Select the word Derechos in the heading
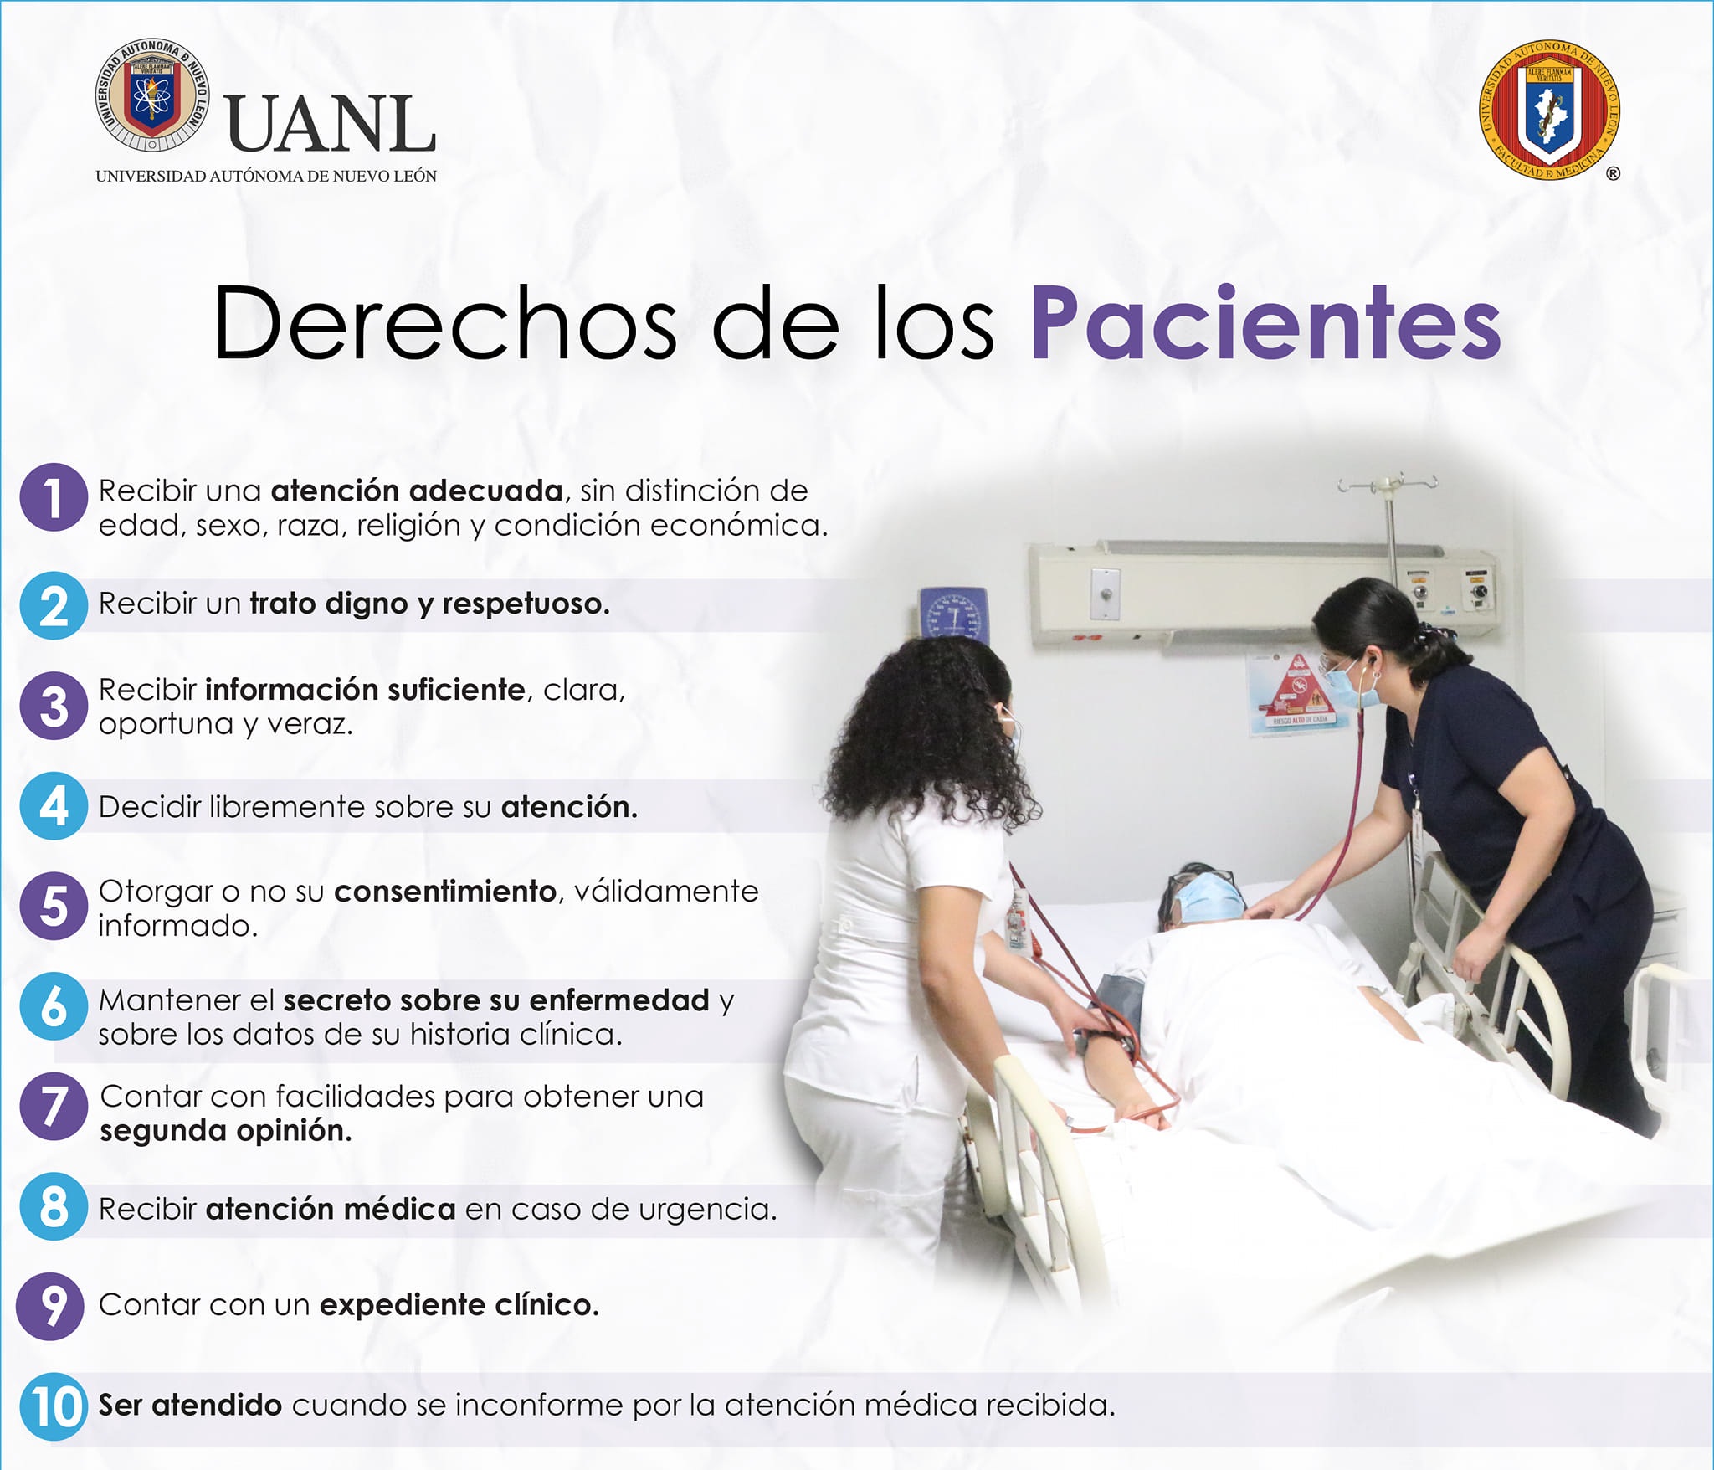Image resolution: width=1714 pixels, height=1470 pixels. tap(444, 323)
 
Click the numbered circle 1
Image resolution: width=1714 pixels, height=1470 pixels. tap(54, 497)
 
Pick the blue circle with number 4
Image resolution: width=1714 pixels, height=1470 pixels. tap(54, 806)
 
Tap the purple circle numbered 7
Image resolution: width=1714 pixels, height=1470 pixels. tap(54, 1107)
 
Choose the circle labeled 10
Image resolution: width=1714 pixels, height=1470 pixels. tap(54, 1406)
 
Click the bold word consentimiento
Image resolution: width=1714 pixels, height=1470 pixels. tap(445, 892)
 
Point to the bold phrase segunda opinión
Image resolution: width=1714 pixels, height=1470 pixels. tap(226, 1132)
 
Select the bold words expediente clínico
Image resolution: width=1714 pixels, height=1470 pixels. tap(459, 1305)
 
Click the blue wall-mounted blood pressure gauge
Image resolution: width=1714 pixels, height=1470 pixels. tap(954, 613)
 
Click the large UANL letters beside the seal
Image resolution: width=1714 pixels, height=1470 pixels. tap(331, 124)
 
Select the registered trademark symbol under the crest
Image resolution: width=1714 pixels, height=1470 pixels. tap(1613, 173)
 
